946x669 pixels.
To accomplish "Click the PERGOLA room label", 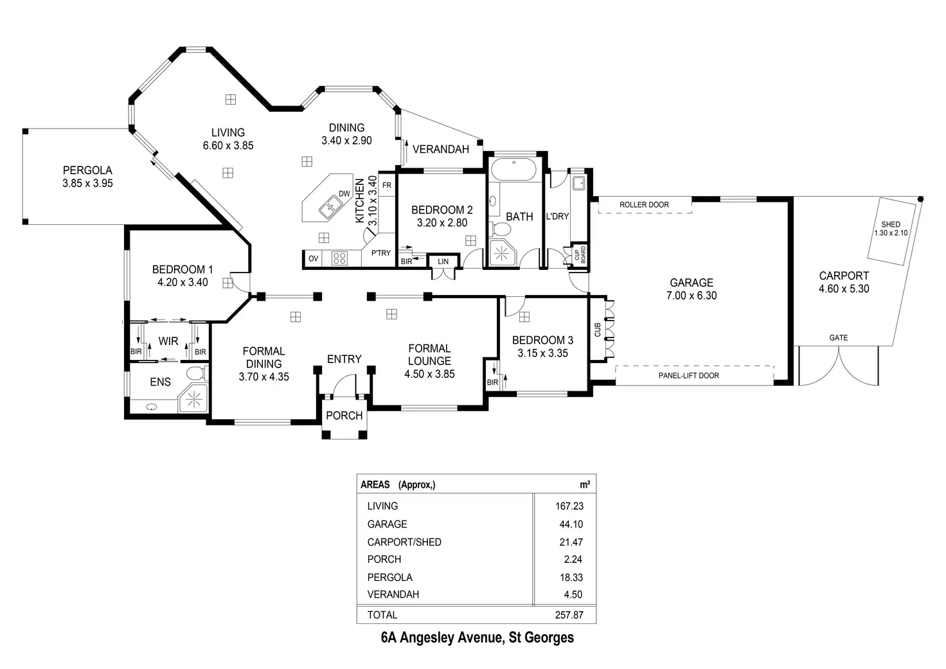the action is [87, 170].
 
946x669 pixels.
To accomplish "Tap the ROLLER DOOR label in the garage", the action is [644, 205].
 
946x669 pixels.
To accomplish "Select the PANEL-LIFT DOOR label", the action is [688, 375].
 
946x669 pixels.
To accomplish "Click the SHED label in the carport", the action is [891, 224].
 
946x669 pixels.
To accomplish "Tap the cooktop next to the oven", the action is [339, 258].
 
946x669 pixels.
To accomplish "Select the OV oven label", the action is [313, 259].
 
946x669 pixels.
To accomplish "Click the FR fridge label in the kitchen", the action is [387, 186].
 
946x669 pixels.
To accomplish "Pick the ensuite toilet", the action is [195, 373].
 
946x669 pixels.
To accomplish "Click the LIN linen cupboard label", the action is [443, 262].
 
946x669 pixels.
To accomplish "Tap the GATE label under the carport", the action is [838, 337].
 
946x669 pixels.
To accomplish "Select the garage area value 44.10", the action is [571, 524].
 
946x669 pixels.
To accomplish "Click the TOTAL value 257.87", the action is [569, 615].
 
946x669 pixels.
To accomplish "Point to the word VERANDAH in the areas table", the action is [393, 594].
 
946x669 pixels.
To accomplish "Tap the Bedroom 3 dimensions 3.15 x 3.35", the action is [542, 353].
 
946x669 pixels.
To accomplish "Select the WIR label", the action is [168, 341].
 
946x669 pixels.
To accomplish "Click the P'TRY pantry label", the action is [380, 253].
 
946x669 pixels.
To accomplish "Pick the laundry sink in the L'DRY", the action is [578, 183].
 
